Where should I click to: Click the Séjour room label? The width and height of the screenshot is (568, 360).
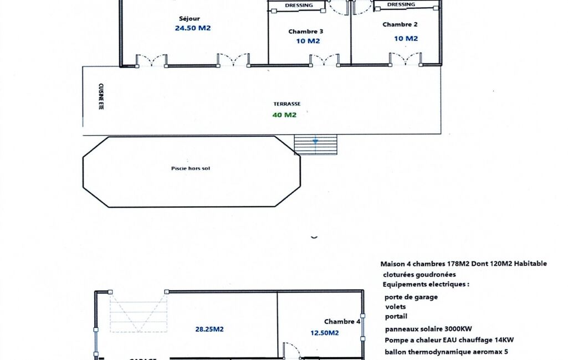(x=189, y=19)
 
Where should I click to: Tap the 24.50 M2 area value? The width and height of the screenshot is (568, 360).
(x=193, y=28)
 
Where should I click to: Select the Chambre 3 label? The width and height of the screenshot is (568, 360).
(x=306, y=32)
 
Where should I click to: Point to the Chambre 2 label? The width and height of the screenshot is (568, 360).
(x=400, y=24)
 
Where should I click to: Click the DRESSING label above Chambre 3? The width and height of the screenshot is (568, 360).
(x=299, y=6)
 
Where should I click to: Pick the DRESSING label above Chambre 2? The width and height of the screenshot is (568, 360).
(x=401, y=4)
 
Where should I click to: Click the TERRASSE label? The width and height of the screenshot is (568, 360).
(x=287, y=104)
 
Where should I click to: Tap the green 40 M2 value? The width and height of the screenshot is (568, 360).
(x=284, y=115)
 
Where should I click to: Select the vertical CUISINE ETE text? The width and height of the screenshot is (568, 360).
(x=101, y=96)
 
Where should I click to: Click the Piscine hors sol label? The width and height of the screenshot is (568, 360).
(x=191, y=168)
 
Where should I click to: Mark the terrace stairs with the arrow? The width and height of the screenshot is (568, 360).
(x=315, y=145)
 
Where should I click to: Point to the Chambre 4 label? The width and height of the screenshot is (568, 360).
(x=342, y=322)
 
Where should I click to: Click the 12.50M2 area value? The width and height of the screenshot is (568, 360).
(x=325, y=333)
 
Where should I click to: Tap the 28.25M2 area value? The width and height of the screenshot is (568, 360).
(x=209, y=329)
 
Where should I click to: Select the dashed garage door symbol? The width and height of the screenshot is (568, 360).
(x=139, y=312)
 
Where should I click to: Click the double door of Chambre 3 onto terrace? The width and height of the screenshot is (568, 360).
(x=325, y=60)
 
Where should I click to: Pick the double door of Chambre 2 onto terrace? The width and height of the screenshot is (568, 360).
(x=405, y=59)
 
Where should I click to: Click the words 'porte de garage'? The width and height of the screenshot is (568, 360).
(x=411, y=297)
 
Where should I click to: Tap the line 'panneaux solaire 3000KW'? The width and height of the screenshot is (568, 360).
(x=428, y=329)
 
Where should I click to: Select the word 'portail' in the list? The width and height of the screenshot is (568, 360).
(x=396, y=316)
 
